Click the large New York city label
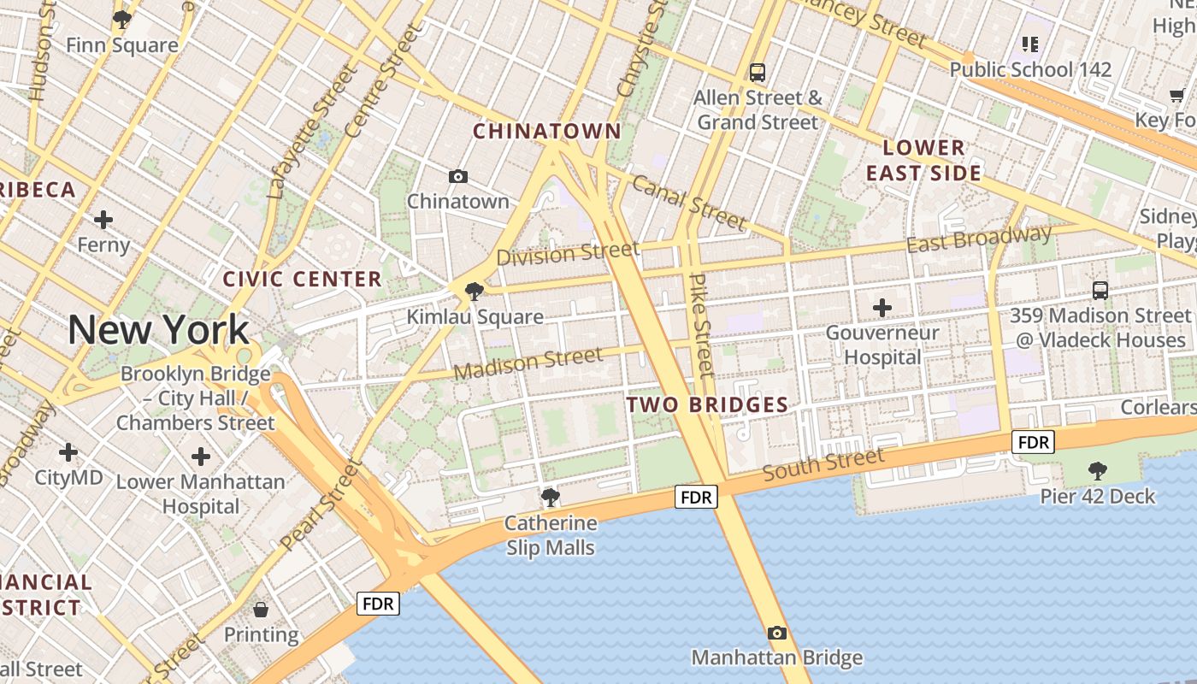point(158,330)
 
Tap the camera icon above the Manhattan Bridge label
point(776,633)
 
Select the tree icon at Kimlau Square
point(474,292)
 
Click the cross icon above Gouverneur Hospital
point(882,307)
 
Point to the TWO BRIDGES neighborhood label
point(707,405)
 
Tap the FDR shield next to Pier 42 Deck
point(1033,442)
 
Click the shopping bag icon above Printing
point(261,610)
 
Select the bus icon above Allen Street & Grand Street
point(757,73)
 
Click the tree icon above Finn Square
point(122,19)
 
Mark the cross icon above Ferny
point(103,220)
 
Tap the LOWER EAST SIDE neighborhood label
point(923,161)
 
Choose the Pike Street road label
point(700,326)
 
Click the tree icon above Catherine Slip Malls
point(550,497)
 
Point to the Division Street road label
point(568,253)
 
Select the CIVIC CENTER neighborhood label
point(302,279)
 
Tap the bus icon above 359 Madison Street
point(1100,290)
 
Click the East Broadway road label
point(979,239)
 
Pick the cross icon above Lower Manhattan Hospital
point(201,457)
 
